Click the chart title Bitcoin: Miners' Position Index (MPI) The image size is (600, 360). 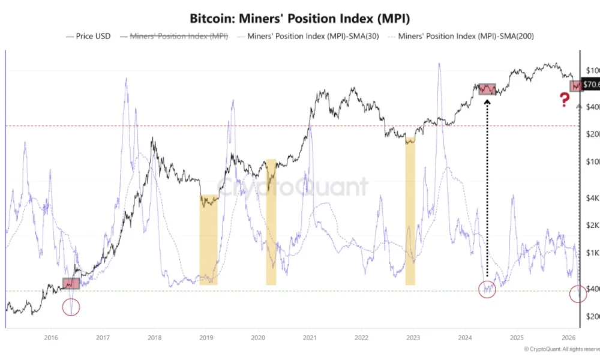299,18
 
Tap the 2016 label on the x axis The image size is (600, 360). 50,338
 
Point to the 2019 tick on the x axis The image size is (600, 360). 206,338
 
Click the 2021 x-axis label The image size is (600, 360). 310,338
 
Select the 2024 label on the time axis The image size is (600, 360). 465,338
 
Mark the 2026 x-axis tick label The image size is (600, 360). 569,338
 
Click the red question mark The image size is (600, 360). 564,100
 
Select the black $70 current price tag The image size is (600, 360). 590,85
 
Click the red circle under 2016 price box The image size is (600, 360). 71,308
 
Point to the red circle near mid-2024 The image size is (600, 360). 487,289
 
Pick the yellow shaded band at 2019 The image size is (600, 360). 209,240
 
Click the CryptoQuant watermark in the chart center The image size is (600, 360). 292,187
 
